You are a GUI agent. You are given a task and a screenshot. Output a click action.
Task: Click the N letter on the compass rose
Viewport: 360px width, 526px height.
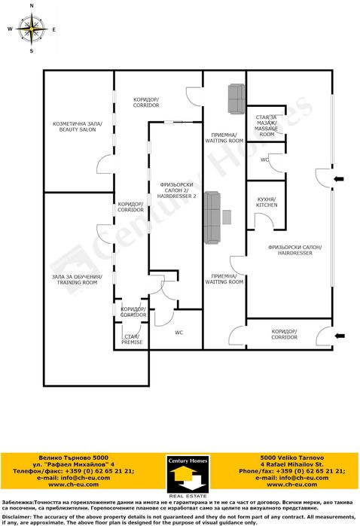(x=32, y=5)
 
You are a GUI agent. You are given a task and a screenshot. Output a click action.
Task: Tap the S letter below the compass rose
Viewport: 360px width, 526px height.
(x=32, y=52)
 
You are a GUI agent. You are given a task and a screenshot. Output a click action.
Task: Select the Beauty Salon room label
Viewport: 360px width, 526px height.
(x=76, y=126)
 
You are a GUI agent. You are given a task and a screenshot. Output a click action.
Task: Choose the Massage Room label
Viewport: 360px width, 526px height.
(x=267, y=125)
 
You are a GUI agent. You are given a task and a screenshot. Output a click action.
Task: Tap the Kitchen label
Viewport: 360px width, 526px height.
(x=267, y=201)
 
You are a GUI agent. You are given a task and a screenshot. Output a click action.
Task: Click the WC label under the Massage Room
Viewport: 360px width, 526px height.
(x=264, y=160)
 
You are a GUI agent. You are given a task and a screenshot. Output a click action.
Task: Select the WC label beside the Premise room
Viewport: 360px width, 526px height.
(x=178, y=332)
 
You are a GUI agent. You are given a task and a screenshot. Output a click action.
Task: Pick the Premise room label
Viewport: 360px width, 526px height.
(x=132, y=339)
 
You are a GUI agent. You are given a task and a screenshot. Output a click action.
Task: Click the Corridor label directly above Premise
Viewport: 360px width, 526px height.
(x=133, y=312)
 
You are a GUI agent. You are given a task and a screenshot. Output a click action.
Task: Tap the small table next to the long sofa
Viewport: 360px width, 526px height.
(x=226, y=216)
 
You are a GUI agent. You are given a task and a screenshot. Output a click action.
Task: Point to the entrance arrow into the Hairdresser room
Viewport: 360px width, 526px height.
(x=340, y=178)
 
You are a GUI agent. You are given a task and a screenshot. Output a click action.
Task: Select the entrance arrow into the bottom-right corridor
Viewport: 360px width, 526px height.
(x=340, y=335)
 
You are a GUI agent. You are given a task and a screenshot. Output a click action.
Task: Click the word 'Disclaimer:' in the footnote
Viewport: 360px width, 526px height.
(x=17, y=517)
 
